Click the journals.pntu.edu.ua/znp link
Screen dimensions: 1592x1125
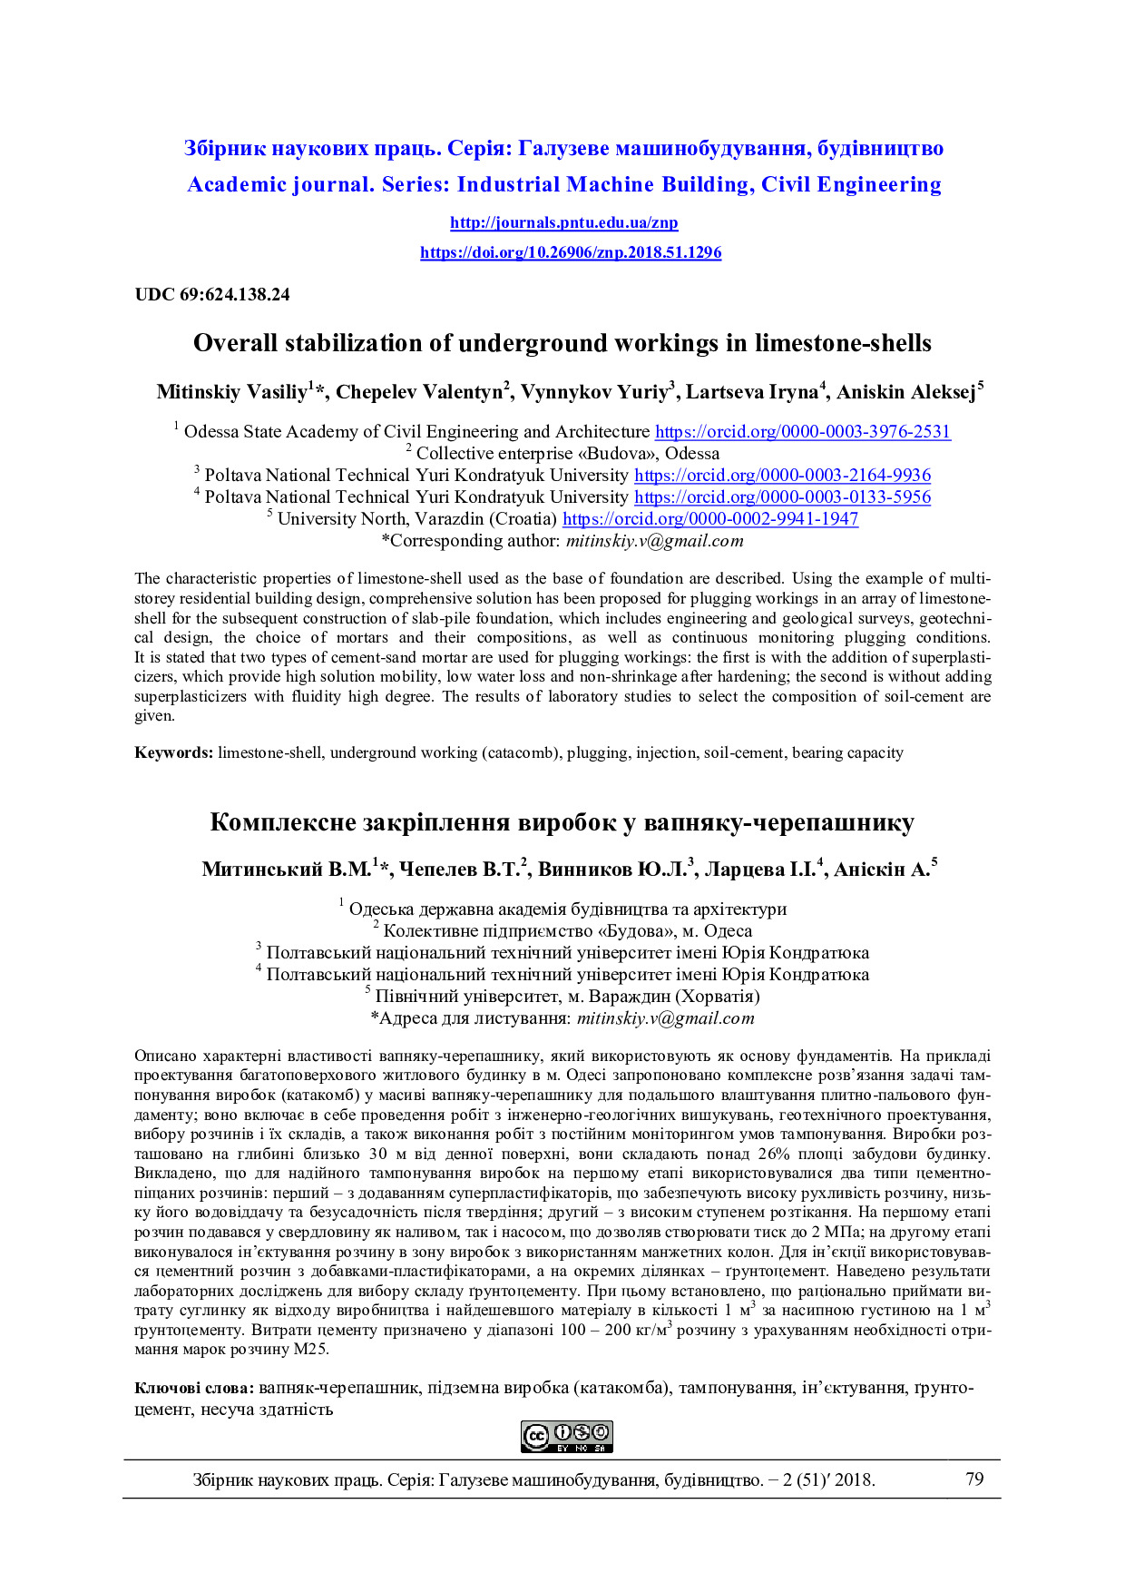point(563,223)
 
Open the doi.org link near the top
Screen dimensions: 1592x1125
point(571,253)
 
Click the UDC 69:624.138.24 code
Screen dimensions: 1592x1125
point(212,295)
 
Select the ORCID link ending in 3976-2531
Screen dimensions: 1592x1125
point(802,432)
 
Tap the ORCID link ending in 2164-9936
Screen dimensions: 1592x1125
point(782,476)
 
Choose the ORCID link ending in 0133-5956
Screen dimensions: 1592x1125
point(782,497)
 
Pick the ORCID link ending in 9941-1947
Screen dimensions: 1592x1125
point(709,519)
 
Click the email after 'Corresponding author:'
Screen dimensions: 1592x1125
point(654,542)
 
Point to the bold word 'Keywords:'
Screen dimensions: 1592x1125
point(174,753)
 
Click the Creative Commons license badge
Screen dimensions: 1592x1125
point(567,1437)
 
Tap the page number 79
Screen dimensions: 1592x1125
point(974,1479)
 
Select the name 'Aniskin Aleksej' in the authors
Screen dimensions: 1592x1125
point(905,393)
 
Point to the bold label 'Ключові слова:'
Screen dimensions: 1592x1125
point(194,1389)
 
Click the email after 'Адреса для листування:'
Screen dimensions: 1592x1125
point(665,1018)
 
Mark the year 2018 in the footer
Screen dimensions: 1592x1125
point(853,1480)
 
